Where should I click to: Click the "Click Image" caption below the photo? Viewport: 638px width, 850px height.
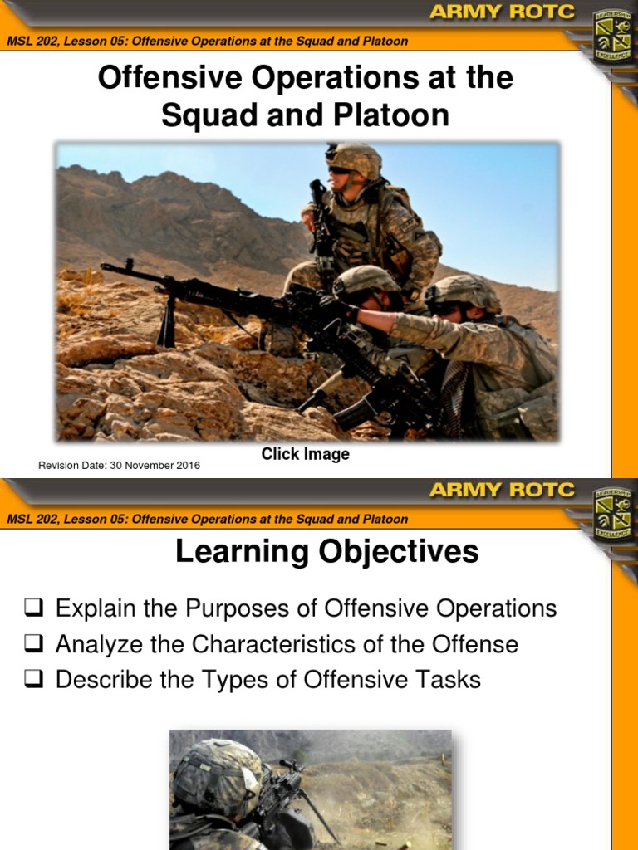click(x=305, y=454)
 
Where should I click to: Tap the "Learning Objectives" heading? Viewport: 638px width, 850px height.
click(x=326, y=552)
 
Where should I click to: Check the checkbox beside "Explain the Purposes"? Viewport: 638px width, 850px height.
click(x=34, y=609)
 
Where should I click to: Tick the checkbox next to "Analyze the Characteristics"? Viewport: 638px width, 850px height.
click(x=34, y=645)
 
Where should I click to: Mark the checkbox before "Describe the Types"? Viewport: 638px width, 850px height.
click(x=34, y=681)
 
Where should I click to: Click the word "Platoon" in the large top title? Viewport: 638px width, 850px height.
click(x=391, y=115)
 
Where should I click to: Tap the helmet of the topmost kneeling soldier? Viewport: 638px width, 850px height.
click(x=355, y=158)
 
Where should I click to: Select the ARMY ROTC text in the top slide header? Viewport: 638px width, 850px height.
click(x=502, y=12)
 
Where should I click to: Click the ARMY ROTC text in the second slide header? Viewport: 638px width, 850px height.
click(x=502, y=490)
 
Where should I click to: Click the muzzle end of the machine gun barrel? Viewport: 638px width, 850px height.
click(x=105, y=266)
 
